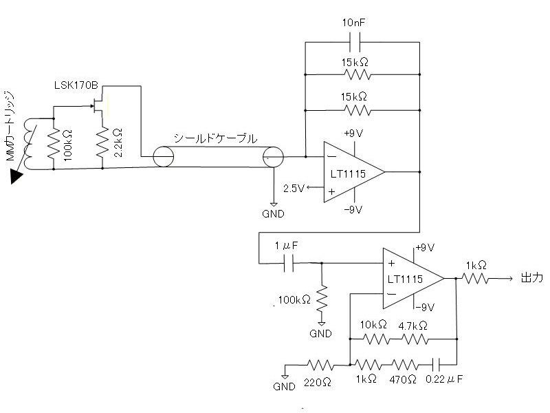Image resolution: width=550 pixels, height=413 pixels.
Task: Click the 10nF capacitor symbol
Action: coord(355,42)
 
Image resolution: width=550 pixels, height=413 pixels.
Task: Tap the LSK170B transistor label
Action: coord(76,85)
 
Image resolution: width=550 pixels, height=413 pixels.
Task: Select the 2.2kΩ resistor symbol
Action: coord(102,142)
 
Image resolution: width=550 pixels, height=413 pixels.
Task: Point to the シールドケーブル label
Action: coord(216,138)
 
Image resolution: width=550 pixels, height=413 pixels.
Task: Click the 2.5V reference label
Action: coord(294,189)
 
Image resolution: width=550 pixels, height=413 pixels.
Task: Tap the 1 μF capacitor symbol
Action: coord(288,263)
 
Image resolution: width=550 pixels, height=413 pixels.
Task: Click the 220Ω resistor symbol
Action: coord(320,366)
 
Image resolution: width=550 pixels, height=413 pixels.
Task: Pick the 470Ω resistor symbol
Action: coord(404,366)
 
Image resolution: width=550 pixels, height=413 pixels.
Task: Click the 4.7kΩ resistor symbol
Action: coord(415,339)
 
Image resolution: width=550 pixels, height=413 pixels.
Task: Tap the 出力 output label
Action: coord(531,278)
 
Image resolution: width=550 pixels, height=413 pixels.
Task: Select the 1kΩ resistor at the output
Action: coord(475,279)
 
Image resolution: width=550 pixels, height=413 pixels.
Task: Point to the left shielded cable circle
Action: coord(164,156)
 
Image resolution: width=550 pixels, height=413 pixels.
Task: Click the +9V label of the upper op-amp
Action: coord(353,134)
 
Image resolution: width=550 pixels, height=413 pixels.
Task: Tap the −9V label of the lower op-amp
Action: coord(424,308)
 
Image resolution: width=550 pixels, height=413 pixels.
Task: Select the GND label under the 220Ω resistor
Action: coord(284,387)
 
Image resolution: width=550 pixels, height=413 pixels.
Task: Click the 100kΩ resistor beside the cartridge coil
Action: coord(54,143)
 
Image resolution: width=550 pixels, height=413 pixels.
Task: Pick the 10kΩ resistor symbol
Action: coord(376,339)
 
